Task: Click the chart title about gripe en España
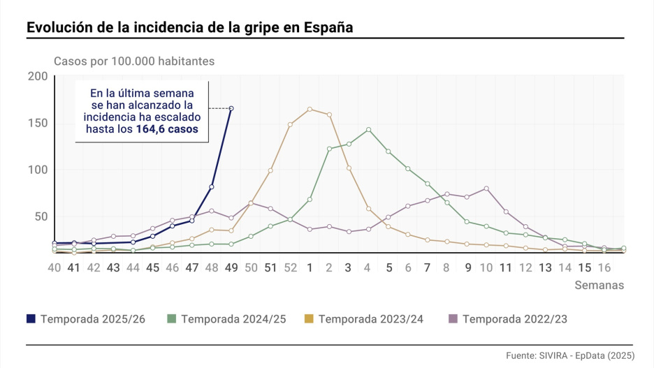(x=189, y=27)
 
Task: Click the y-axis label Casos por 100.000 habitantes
(x=134, y=61)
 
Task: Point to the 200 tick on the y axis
(x=36, y=76)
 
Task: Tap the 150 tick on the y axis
(x=36, y=123)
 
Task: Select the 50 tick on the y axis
(x=40, y=216)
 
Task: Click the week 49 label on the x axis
(x=231, y=267)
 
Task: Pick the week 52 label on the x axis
(x=290, y=267)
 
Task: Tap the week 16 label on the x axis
(x=604, y=267)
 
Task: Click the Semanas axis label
(x=599, y=285)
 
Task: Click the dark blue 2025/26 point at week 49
(x=231, y=108)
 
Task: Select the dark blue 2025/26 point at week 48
(x=212, y=186)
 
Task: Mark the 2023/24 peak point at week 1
(x=310, y=109)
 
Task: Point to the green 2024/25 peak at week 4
(x=368, y=130)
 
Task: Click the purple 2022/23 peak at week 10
(x=486, y=189)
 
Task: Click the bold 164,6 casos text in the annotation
(x=167, y=129)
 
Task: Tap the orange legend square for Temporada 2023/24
(x=308, y=318)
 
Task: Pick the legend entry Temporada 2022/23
(x=507, y=318)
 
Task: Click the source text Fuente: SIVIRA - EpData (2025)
(x=569, y=355)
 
